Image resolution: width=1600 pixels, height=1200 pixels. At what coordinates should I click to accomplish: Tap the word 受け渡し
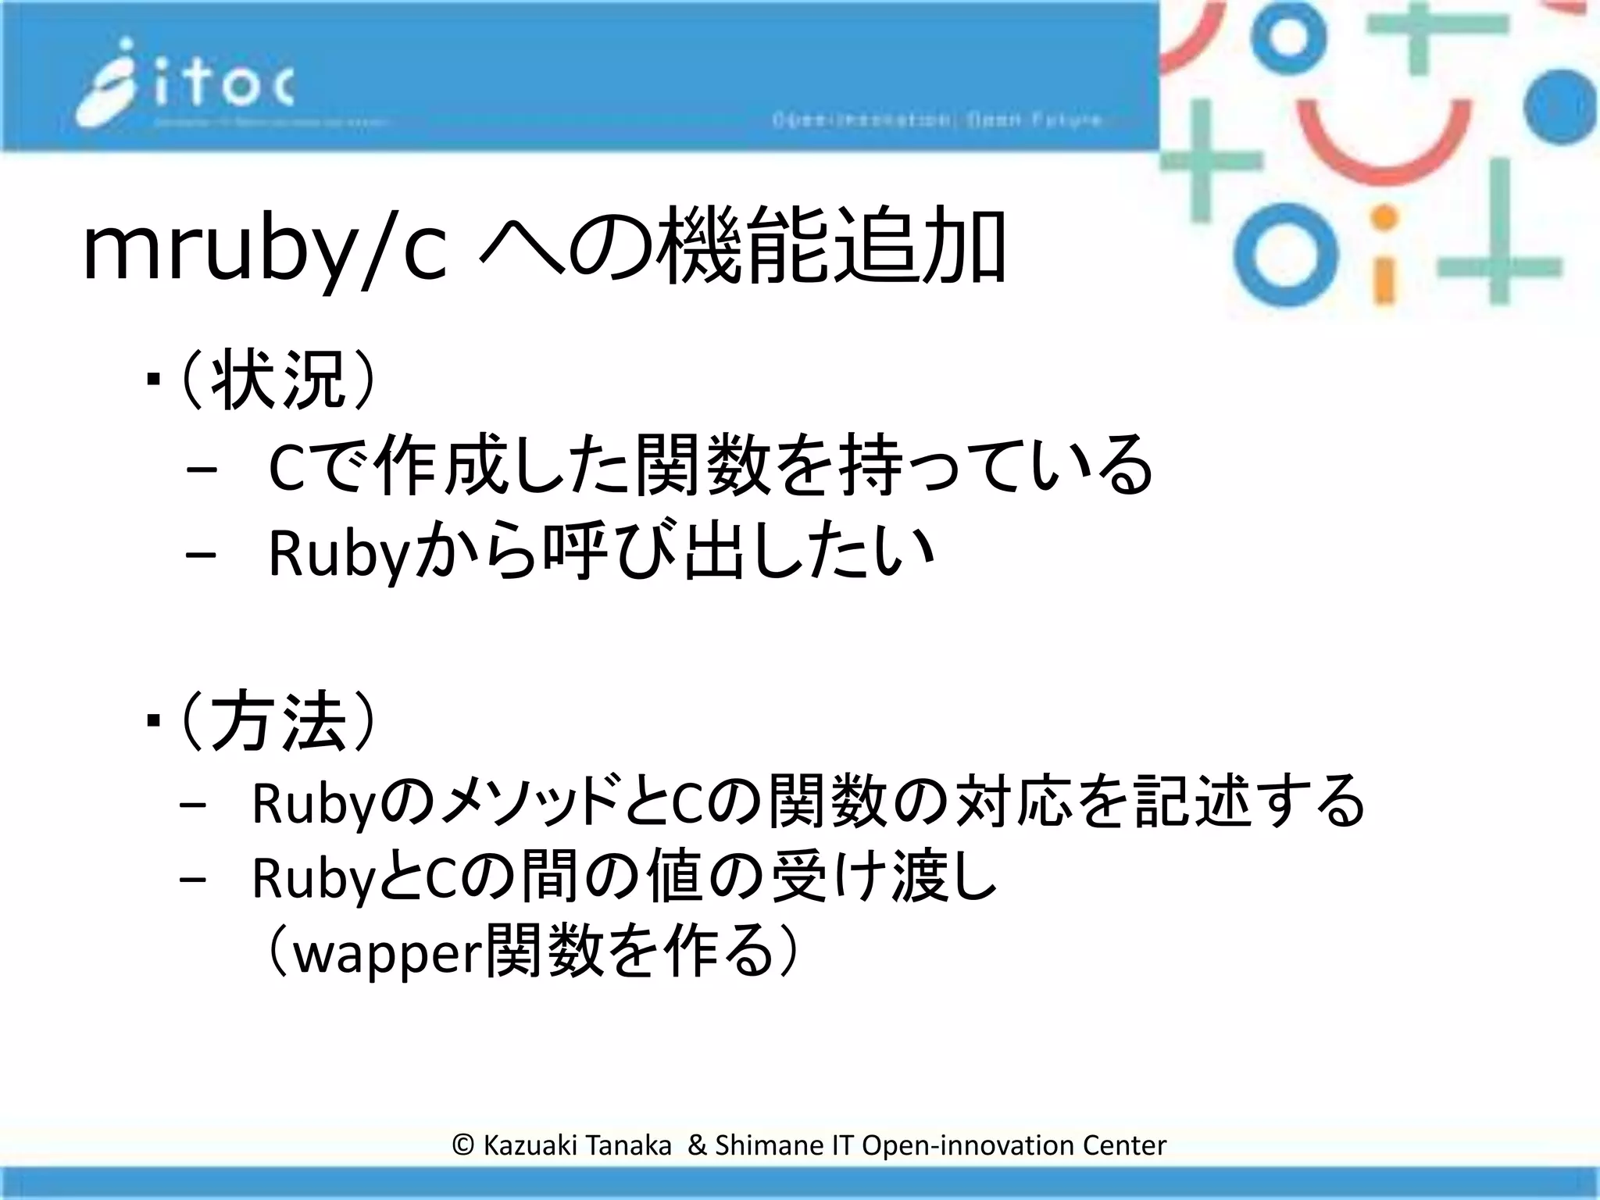884,877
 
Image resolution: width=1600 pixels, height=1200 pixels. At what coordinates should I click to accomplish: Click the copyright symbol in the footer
463,1145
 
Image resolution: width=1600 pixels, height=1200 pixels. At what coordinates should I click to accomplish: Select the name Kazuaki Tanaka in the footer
577,1145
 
